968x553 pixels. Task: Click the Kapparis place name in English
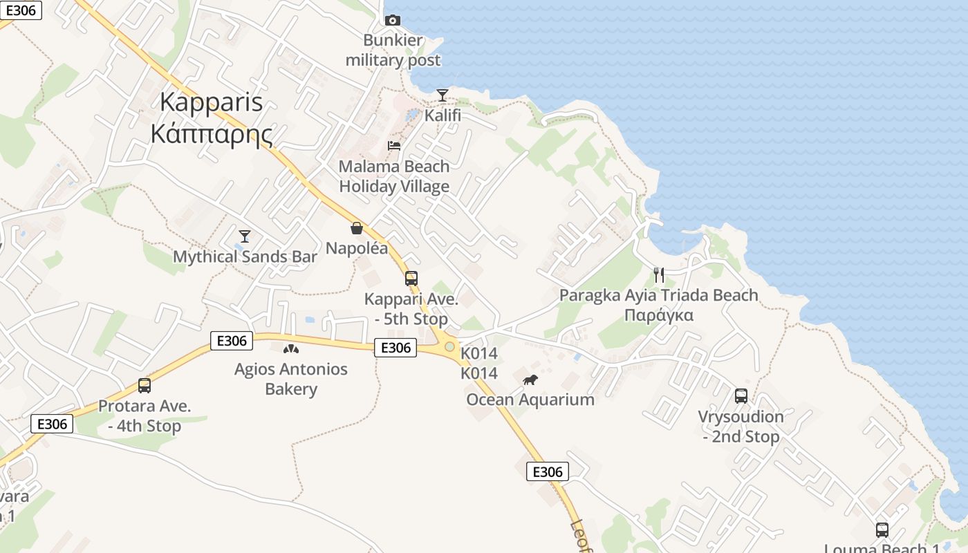tap(211, 102)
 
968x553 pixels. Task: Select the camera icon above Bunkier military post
tap(393, 20)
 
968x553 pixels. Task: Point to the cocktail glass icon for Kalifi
tap(443, 95)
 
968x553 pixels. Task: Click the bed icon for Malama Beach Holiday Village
tap(394, 146)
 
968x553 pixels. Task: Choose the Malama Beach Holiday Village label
tap(394, 176)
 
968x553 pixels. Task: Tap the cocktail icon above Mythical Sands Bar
tap(245, 236)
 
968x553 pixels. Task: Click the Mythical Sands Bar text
tap(245, 257)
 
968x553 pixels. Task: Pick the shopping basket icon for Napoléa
tap(357, 227)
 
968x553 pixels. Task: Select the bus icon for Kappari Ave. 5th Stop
tap(411, 279)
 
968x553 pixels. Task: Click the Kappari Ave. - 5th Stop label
tap(411, 310)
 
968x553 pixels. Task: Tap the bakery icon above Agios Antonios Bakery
tap(291, 349)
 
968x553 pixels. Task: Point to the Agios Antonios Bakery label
tap(291, 379)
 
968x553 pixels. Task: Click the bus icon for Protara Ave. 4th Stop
tap(145, 386)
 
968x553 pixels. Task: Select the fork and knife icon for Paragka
tap(659, 275)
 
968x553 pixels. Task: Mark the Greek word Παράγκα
tap(659, 316)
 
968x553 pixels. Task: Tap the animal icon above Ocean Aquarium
tap(530, 379)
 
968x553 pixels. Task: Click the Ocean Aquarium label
tap(530, 400)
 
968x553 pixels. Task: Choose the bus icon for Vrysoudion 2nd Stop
tap(741, 396)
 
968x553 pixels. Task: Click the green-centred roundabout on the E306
tap(450, 346)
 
